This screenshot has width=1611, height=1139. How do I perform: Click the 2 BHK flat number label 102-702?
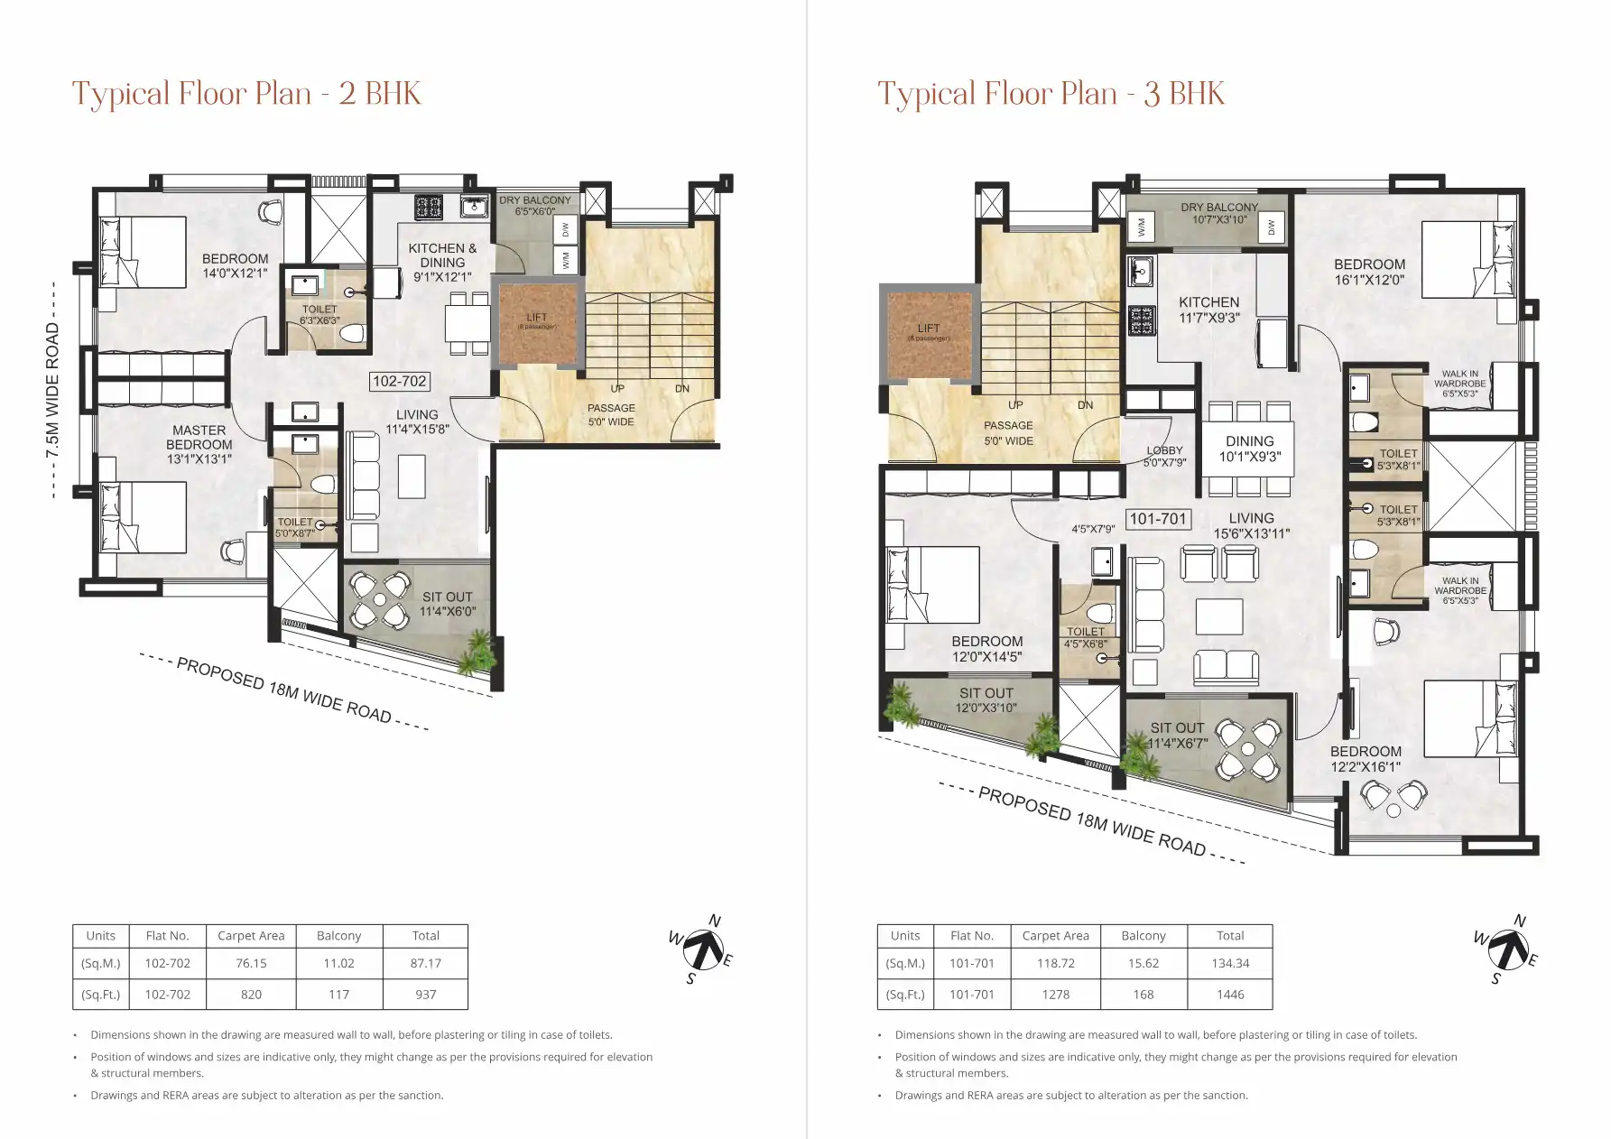pyautogui.click(x=400, y=381)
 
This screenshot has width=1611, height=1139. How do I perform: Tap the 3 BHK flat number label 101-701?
pyautogui.click(x=1157, y=519)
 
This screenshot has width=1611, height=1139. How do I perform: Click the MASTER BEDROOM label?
pyautogui.click(x=199, y=444)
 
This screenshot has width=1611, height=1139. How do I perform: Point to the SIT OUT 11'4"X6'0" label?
pyautogui.click(x=447, y=604)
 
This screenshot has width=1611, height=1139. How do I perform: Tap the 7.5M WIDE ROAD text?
pyautogui.click(x=52, y=390)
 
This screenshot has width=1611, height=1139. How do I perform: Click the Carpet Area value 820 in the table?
pyautogui.click(x=251, y=995)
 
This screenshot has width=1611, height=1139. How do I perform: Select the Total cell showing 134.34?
pyautogui.click(x=1230, y=963)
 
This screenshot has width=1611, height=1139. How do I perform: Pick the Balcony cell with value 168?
pyautogui.click(x=1143, y=995)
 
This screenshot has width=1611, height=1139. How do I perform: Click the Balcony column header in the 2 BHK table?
pyautogui.click(x=338, y=936)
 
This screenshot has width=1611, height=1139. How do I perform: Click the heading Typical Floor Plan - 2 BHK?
pyautogui.click(x=246, y=94)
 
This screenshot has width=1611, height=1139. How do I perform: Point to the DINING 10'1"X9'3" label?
pyautogui.click(x=1249, y=449)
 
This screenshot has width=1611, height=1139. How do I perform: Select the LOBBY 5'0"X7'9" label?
pyautogui.click(x=1164, y=456)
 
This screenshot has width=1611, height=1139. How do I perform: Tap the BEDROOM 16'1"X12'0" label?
pyautogui.click(x=1369, y=272)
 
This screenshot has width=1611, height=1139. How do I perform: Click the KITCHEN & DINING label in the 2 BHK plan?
pyautogui.click(x=442, y=262)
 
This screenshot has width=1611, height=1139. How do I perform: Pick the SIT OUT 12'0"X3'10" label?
pyautogui.click(x=986, y=700)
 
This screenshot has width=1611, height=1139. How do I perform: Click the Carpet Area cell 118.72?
pyautogui.click(x=1055, y=963)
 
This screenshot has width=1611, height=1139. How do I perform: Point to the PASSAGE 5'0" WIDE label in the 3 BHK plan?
pyautogui.click(x=1008, y=432)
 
